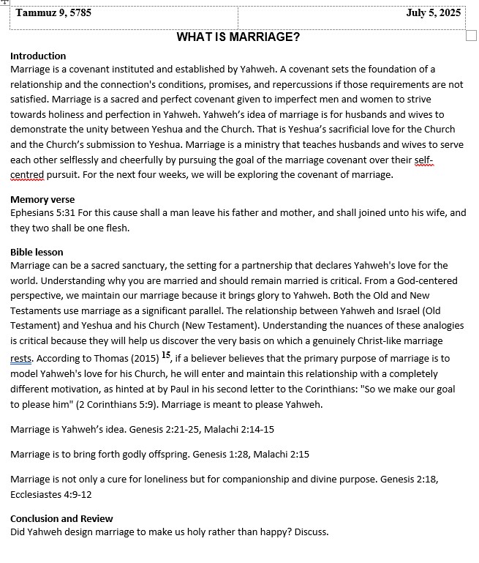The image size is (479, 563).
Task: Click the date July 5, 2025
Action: [x=435, y=12]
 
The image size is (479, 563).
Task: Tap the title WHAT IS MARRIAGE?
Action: [x=238, y=37]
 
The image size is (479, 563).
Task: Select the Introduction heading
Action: [x=38, y=56]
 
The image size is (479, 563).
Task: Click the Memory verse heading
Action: [x=42, y=199]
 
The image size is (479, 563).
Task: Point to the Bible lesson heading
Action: [x=37, y=252]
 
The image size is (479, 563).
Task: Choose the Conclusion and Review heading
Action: [x=61, y=518]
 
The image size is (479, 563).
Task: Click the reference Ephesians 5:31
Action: [x=42, y=213]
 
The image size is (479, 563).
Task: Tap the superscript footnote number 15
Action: [x=166, y=356]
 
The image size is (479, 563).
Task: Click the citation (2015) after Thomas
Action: [x=143, y=359]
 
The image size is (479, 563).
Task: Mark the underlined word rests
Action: [x=21, y=359]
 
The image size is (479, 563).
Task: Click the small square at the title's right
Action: [x=471, y=36]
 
